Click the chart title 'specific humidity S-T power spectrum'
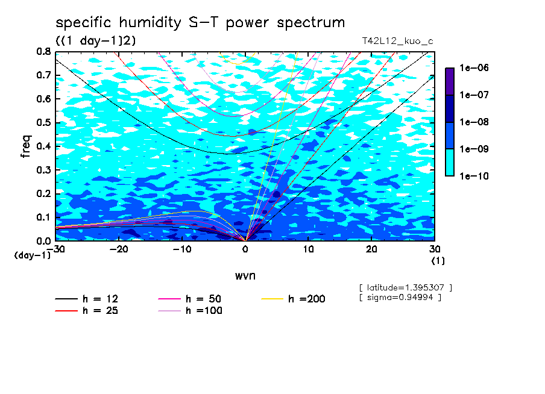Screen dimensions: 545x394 click(x=200, y=23)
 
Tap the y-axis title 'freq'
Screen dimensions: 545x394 click(x=26, y=146)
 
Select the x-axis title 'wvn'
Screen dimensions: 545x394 click(x=245, y=276)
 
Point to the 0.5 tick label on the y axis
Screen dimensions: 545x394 click(x=43, y=123)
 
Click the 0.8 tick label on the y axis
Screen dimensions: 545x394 click(x=43, y=52)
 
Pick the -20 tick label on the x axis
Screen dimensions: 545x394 click(x=119, y=249)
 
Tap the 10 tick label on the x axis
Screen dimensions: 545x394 click(x=308, y=249)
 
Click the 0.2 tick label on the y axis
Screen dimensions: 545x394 click(x=43, y=193)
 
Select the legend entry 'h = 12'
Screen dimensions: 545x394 click(x=87, y=299)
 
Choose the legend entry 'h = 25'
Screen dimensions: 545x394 click(x=87, y=311)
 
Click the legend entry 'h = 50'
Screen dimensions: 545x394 click(x=190, y=299)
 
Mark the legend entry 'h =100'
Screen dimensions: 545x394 click(x=190, y=311)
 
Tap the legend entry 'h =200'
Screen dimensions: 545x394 click(x=293, y=299)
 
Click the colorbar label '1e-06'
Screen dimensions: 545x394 click(x=474, y=67)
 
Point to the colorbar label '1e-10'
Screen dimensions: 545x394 click(x=474, y=176)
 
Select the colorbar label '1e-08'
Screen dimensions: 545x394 click(x=474, y=122)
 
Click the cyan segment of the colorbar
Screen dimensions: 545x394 click(x=450, y=163)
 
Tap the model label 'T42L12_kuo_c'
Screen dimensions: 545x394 click(x=398, y=42)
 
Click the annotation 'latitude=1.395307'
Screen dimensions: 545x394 click(x=405, y=288)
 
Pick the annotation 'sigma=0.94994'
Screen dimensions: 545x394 click(x=400, y=298)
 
